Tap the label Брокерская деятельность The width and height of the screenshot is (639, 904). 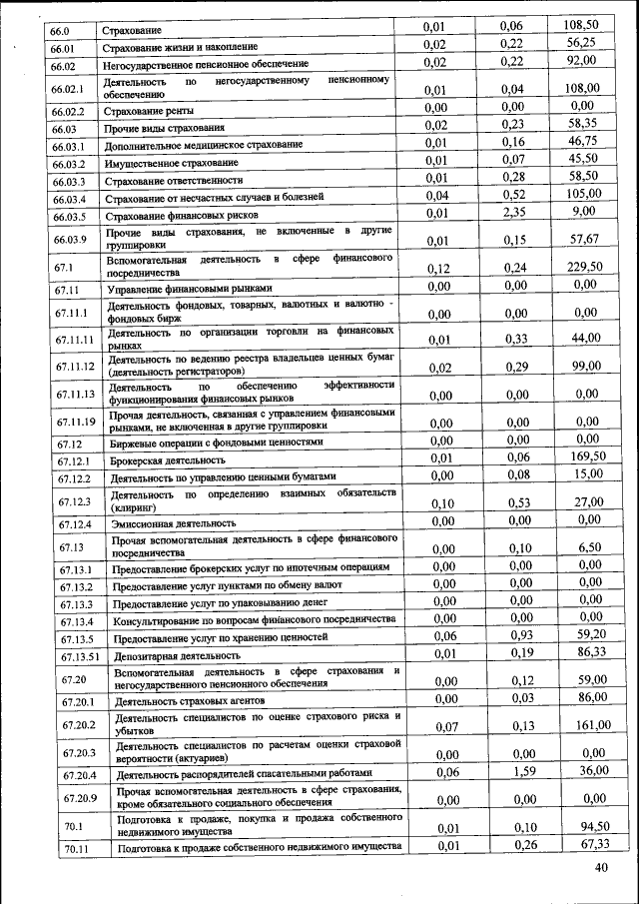click(165, 460)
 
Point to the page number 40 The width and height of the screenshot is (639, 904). click(600, 867)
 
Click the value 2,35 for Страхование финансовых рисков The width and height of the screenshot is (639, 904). click(513, 213)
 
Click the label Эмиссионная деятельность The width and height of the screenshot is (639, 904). click(173, 523)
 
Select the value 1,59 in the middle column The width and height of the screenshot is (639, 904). click(513, 771)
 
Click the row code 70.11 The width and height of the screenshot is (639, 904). click(72, 849)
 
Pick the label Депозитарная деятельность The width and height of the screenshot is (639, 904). click(177, 655)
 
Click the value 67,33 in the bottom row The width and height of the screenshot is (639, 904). click(582, 845)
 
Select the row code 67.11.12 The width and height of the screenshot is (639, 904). click(75, 366)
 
